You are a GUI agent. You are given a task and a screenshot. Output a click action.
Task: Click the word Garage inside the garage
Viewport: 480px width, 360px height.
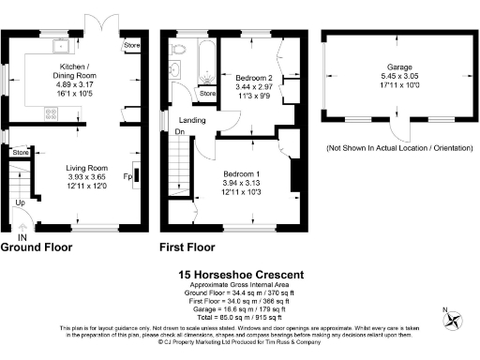(x=399, y=67)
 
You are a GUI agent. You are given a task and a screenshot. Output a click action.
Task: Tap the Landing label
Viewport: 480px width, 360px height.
(x=193, y=120)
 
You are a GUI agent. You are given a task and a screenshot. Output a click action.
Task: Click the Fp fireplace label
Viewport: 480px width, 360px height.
(x=127, y=174)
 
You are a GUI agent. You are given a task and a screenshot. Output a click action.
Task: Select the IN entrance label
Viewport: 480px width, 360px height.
(x=21, y=237)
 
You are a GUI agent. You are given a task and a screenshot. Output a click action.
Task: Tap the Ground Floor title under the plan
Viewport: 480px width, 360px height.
(x=37, y=247)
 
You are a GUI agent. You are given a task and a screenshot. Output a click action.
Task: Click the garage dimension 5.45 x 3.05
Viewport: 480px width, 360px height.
(x=399, y=78)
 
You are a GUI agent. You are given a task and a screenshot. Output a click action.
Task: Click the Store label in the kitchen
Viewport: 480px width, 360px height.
(x=130, y=44)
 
